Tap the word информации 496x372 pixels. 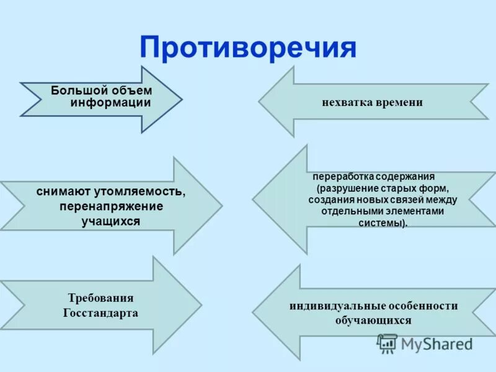111,103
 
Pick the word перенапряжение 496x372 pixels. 112,206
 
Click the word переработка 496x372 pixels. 338,176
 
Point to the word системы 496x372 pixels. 382,223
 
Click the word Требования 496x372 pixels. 100,298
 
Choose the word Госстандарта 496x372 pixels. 100,312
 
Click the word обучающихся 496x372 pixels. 373,321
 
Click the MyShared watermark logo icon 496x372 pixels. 388,343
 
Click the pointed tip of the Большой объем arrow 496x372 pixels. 182,100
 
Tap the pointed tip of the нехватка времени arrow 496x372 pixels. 259,101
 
